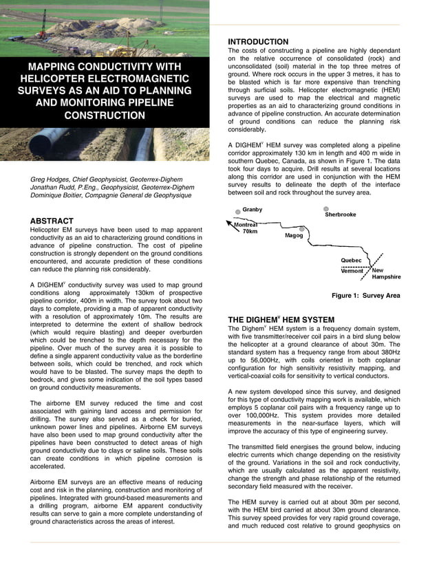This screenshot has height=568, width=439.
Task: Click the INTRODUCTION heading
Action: click(258, 42)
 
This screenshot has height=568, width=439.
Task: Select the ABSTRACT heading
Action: click(52, 221)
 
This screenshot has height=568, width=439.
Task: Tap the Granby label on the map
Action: click(253, 210)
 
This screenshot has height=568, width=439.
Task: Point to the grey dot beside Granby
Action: click(237, 211)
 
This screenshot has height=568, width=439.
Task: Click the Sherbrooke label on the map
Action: click(340, 215)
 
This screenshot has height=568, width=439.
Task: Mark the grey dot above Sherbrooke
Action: click(326, 208)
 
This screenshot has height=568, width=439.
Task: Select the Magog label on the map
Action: click(294, 235)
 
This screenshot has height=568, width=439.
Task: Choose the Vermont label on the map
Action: click(352, 271)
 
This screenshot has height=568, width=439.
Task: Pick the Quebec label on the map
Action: click(351, 261)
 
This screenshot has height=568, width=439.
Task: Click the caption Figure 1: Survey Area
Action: click(365, 296)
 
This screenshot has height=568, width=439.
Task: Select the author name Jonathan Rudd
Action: click(56, 187)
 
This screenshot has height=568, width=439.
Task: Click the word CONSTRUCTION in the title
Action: click(105, 116)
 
